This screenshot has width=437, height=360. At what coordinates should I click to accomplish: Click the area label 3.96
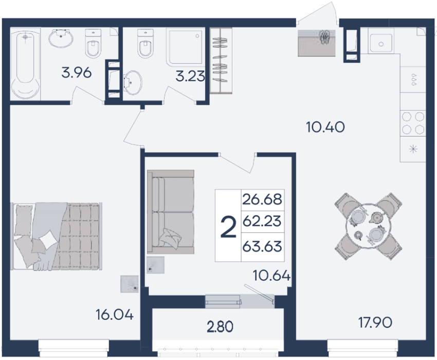pyautogui.click(x=77, y=73)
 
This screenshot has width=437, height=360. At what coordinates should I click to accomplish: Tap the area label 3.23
pyautogui.click(x=190, y=76)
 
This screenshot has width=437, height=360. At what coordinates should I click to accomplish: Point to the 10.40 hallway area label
pyautogui.click(x=325, y=127)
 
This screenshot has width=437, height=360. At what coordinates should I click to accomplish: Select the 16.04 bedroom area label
pyautogui.click(x=115, y=315)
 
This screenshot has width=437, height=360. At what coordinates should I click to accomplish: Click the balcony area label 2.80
pyautogui.click(x=220, y=327)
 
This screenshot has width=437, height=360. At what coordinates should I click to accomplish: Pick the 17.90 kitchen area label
pyautogui.click(x=375, y=322)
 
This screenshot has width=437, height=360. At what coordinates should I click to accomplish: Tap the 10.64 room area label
pyautogui.click(x=272, y=276)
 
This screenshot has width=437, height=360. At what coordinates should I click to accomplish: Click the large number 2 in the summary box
pyautogui.click(x=228, y=227)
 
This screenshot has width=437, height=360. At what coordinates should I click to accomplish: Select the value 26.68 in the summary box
pyautogui.click(x=262, y=200)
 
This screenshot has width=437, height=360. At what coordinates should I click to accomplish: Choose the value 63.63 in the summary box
pyautogui.click(x=262, y=246)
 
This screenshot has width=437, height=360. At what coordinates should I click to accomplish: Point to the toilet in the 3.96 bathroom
pyautogui.click(x=94, y=43)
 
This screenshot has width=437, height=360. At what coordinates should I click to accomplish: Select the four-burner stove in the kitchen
pyautogui.click(x=413, y=123)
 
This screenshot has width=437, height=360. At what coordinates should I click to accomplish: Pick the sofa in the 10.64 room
pyautogui.click(x=171, y=212)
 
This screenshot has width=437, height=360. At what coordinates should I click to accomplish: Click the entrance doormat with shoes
pyautogui.click(x=317, y=43)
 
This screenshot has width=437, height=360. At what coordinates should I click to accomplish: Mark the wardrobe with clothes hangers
pyautogui.click(x=221, y=61)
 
